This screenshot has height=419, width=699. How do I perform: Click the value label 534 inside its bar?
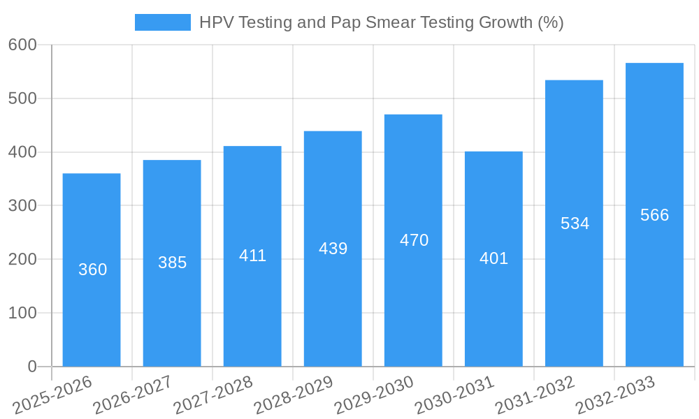click(x=575, y=223)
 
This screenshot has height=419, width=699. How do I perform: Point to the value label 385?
click(x=172, y=263)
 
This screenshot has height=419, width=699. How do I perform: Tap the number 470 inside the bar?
click(x=414, y=240)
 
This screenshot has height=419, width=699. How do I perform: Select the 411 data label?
click(x=252, y=256)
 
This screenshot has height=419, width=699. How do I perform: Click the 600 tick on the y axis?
click(x=22, y=45)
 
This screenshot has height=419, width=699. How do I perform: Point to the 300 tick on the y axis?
click(x=22, y=205)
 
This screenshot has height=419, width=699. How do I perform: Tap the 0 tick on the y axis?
click(x=32, y=367)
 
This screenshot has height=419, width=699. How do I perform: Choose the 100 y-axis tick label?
click(x=22, y=313)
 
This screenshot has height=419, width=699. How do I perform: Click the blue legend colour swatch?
click(x=162, y=22)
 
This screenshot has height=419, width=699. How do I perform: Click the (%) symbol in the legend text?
click(x=551, y=22)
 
